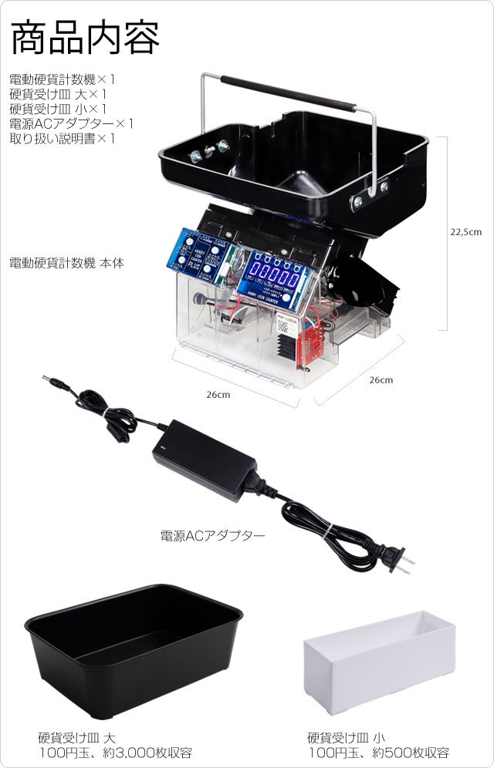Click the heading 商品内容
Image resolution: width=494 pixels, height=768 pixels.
(x=85, y=37)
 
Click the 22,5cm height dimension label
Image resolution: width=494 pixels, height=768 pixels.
(x=465, y=231)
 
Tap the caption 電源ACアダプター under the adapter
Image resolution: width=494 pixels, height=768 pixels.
(x=212, y=534)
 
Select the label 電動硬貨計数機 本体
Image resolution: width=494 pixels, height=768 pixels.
(x=66, y=263)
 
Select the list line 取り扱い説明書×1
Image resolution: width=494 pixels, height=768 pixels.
(x=62, y=139)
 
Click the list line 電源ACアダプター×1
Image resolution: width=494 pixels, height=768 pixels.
(x=72, y=123)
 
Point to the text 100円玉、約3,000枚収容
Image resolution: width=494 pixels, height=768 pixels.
(x=115, y=753)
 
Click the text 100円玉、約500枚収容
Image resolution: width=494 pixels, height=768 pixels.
(x=378, y=753)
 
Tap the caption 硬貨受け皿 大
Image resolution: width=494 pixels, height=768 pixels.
(x=76, y=737)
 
